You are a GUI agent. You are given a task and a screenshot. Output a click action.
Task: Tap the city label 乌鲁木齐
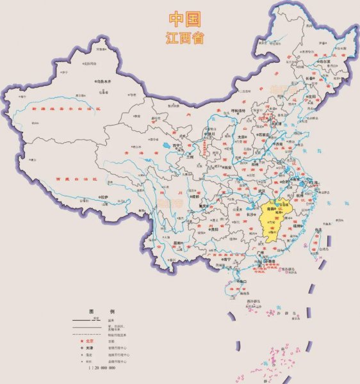[x=103, y=82]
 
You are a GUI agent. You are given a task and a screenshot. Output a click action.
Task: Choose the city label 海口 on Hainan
[x=241, y=281]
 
